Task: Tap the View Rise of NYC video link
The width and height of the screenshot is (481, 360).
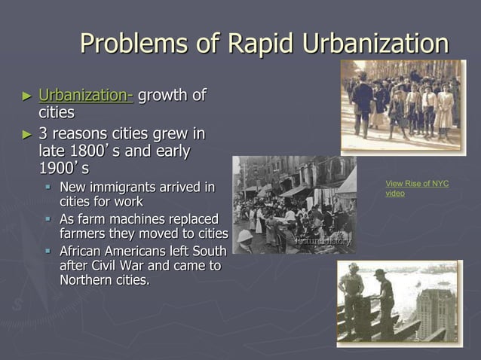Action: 417,188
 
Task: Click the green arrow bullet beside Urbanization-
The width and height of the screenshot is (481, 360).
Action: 27,96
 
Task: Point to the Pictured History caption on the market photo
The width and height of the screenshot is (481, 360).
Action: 323,240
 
